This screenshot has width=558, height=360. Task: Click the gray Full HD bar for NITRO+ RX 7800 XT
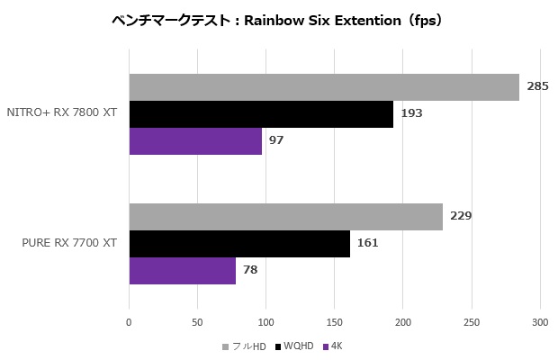tap(324, 87)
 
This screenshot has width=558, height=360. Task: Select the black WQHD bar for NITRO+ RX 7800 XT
tap(261, 114)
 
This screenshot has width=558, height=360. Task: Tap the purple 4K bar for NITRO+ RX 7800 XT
tap(195, 141)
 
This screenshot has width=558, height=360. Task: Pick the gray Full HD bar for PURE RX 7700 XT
tap(285, 217)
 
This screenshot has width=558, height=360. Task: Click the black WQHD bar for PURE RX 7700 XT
tap(239, 244)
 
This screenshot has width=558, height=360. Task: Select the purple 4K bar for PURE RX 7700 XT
tap(182, 271)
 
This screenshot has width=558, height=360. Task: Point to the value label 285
tap(538, 87)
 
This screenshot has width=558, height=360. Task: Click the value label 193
tap(411, 114)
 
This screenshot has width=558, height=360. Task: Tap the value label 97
tap(276, 141)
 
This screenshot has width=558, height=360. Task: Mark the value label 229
tap(461, 217)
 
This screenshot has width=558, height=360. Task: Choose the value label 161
tap(367, 244)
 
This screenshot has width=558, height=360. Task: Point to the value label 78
tap(250, 271)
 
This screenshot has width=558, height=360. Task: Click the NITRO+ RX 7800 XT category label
tap(62, 113)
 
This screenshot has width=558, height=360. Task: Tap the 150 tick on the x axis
tap(335, 321)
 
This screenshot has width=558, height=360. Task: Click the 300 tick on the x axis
tap(540, 321)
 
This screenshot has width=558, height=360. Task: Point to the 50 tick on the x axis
tap(197, 321)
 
